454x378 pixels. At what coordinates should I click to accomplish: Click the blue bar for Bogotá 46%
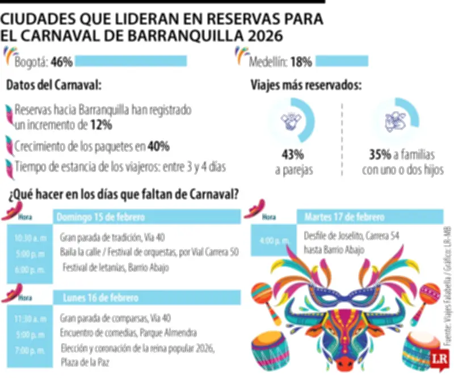pos(131,61)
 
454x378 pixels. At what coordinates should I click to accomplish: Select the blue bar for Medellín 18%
pos(342,61)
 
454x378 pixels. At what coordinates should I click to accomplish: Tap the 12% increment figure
pos(101,125)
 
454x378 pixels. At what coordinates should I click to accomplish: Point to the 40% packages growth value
pos(158,146)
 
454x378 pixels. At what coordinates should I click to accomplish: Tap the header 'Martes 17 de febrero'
pos(344,217)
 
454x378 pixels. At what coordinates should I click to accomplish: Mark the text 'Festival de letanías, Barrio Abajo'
pos(115,267)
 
